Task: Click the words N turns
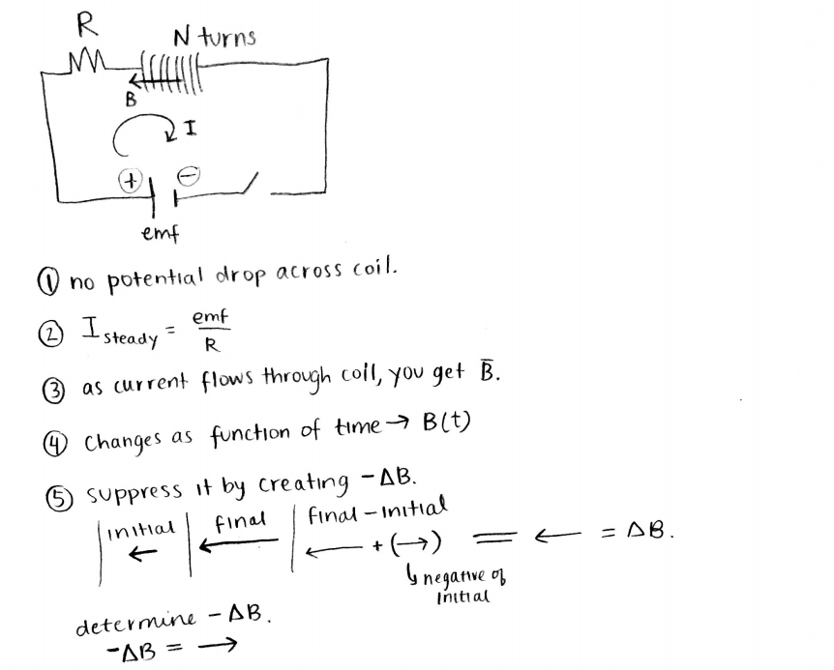(215, 38)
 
